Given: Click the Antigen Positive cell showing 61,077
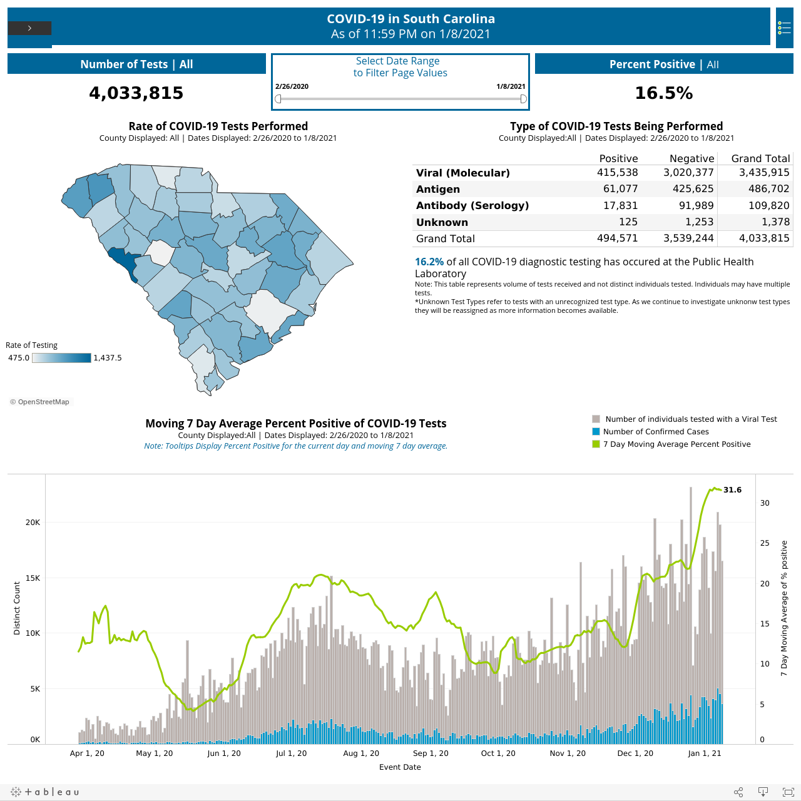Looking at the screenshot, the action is [x=620, y=189].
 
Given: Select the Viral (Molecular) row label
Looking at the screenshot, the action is [x=462, y=173].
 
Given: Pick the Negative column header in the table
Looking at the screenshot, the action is [x=691, y=158].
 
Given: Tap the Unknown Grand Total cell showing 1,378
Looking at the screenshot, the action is [x=775, y=222].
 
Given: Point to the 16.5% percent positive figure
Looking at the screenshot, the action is [x=664, y=93].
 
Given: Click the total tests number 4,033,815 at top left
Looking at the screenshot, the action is [x=136, y=93].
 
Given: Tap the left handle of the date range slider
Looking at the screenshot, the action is [x=278, y=98].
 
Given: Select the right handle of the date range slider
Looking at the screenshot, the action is [x=523, y=98].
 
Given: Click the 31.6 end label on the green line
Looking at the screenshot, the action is [x=732, y=489].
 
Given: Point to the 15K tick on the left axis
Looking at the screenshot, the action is [x=33, y=578].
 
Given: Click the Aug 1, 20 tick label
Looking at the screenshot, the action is [x=361, y=753].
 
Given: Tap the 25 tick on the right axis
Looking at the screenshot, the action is [x=765, y=543].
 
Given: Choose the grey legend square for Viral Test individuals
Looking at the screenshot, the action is [x=596, y=419].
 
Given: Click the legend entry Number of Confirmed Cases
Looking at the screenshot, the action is [x=656, y=431].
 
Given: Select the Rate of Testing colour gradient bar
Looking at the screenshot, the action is [x=61, y=358].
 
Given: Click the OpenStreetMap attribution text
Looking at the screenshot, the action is [x=40, y=402].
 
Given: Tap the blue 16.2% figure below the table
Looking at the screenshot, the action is [x=429, y=262].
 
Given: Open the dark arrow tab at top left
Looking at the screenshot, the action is [x=29, y=28].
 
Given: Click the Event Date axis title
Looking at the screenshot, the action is [x=400, y=767].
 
